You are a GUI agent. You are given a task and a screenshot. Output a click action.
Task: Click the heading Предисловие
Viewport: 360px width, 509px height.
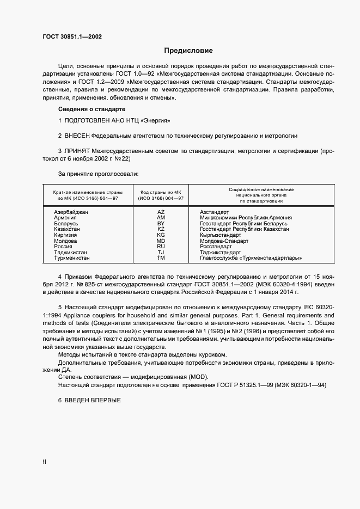pyautogui.click(x=188, y=51)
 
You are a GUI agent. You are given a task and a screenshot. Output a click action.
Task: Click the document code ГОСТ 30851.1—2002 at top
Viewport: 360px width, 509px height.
pyautogui.click(x=72, y=37)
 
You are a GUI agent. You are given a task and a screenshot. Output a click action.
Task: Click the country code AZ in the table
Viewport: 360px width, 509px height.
pyautogui.click(x=161, y=211)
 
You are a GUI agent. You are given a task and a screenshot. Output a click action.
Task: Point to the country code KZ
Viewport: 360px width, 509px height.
pyautogui.click(x=161, y=229)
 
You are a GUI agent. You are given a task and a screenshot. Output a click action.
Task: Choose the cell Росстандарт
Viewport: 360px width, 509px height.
pyautogui.click(x=216, y=247)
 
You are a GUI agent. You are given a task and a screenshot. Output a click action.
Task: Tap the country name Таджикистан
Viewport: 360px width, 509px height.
pyautogui.click(x=72, y=253)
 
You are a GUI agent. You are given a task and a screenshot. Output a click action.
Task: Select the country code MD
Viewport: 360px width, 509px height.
pyautogui.click(x=161, y=241)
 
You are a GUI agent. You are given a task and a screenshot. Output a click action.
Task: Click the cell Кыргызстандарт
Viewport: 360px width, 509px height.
pyautogui.click(x=220, y=235)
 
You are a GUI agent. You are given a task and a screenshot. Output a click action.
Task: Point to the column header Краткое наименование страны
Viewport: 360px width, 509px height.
pyautogui.click(x=88, y=192)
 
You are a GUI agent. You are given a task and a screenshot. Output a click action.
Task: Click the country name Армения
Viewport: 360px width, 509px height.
pyautogui.click(x=65, y=217)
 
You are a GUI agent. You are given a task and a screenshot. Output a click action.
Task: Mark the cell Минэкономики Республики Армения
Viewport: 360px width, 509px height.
pyautogui.click(x=243, y=217)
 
